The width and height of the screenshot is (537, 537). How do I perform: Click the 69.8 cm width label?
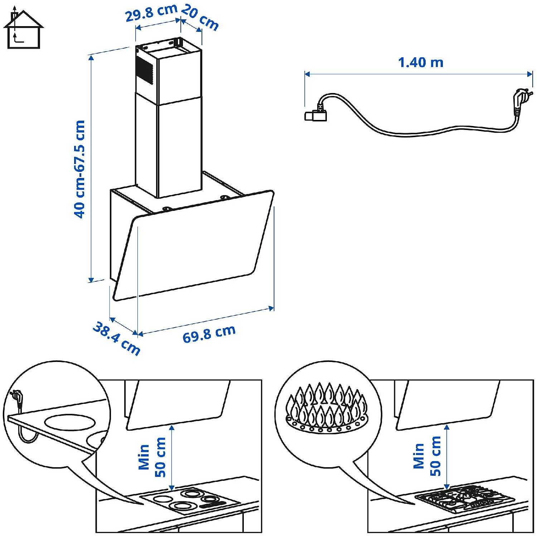(209, 334)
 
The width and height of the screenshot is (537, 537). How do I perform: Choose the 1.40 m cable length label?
(421, 62)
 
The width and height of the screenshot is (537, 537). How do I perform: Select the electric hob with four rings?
(190, 500)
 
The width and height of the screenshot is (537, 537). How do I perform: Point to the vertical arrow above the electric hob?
(172, 457)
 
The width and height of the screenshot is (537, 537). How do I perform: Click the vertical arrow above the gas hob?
(446, 456)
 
